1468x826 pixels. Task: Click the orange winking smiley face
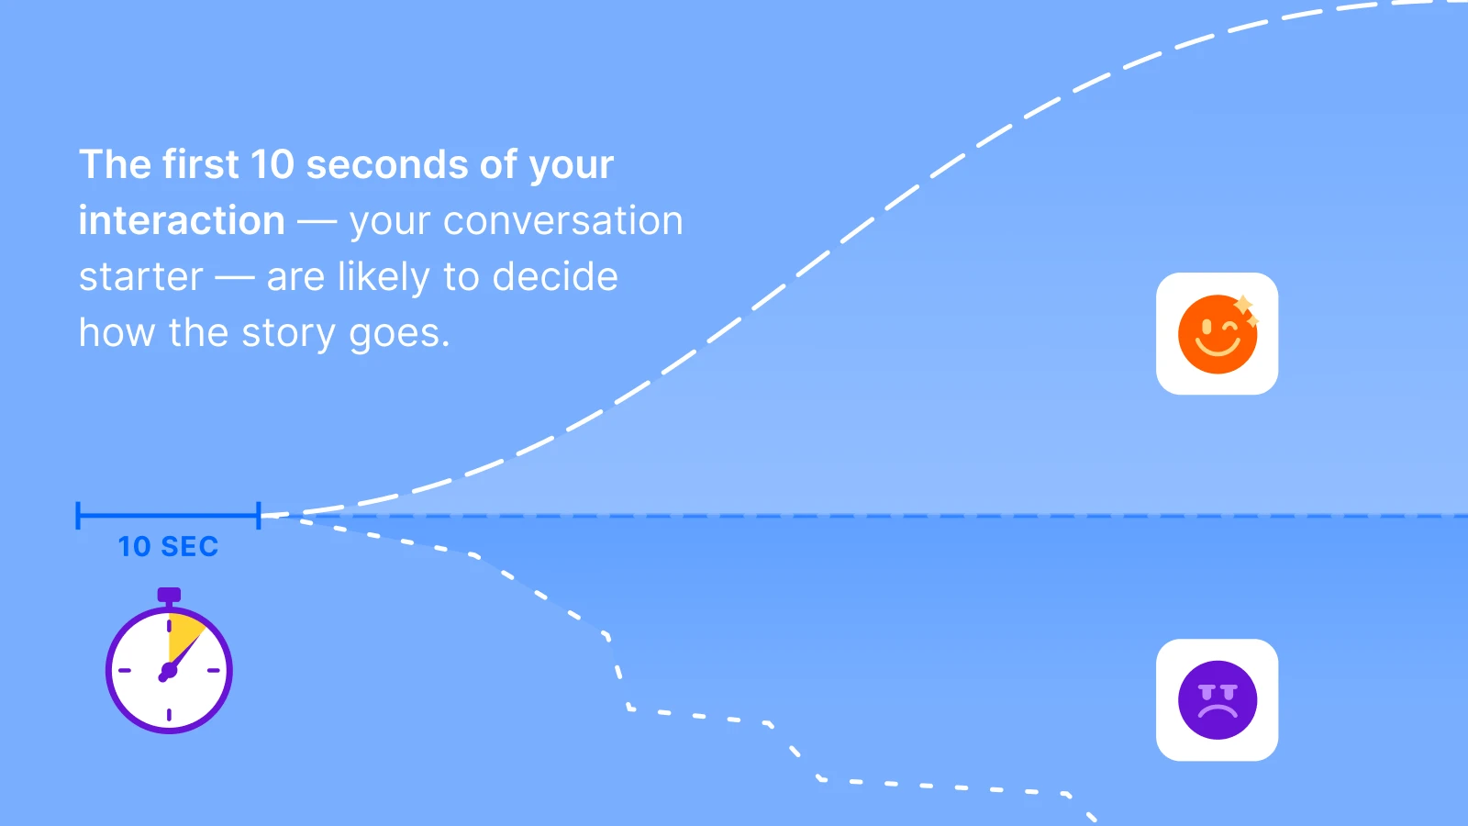click(x=1217, y=335)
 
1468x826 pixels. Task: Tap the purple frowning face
click(x=1217, y=700)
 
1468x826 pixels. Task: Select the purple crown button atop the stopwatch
click(x=169, y=595)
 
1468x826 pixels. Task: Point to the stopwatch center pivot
click(x=168, y=672)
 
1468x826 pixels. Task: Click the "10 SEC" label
click(x=168, y=547)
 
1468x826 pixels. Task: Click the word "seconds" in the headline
click(x=387, y=165)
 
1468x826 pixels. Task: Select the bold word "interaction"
click(x=182, y=221)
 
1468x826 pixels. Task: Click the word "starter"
click(x=141, y=277)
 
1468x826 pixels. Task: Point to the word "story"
click(x=288, y=333)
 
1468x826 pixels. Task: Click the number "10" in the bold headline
click(x=272, y=165)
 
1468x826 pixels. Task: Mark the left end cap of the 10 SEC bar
click(x=79, y=516)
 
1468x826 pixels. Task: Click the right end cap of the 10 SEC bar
click(x=259, y=516)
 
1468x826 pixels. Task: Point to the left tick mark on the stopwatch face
click(x=125, y=671)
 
